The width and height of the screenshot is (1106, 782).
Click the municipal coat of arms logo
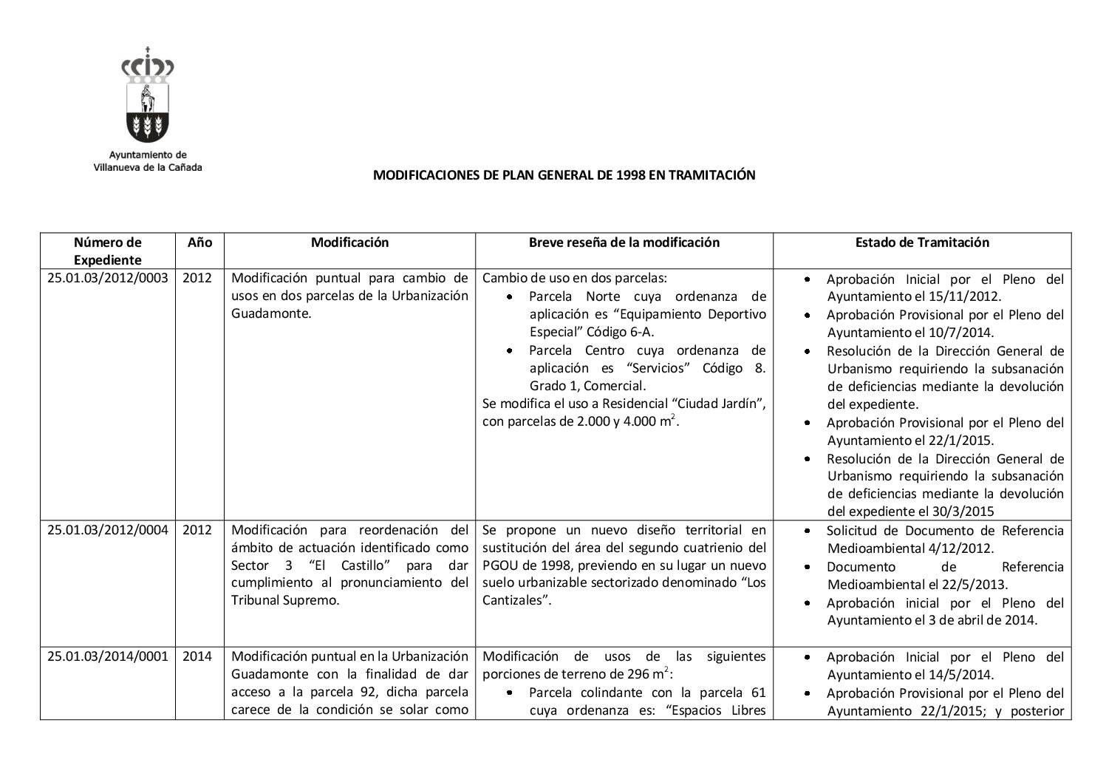point(148,95)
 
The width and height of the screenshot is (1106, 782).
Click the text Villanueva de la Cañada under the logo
point(148,167)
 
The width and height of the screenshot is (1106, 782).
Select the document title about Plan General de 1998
point(564,175)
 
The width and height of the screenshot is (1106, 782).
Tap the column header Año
point(199,242)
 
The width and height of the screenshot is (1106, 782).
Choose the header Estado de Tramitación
point(921,242)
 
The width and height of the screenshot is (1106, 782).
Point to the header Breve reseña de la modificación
point(624,242)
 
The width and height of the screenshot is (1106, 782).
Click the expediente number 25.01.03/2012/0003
point(108,279)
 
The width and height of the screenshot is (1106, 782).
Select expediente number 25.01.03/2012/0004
point(108,530)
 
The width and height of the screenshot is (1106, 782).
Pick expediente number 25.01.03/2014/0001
point(108,656)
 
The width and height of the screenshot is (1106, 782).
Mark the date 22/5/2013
point(974,585)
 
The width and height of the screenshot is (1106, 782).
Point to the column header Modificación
point(349,242)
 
